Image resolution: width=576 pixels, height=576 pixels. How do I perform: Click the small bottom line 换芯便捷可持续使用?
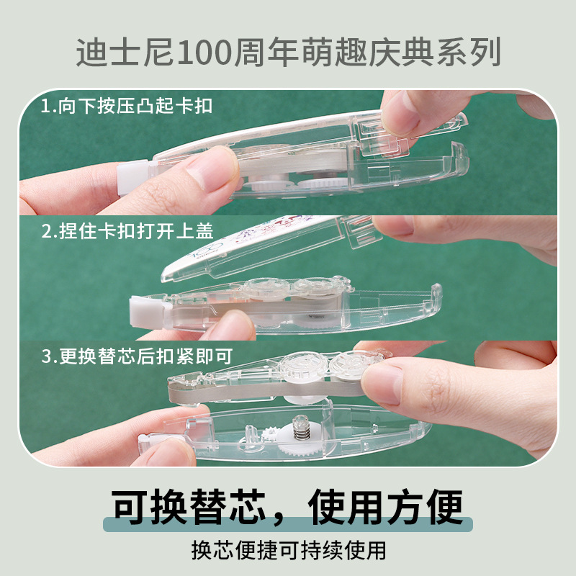click(288, 550)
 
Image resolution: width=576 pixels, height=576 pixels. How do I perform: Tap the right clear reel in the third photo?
click(351, 366)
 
